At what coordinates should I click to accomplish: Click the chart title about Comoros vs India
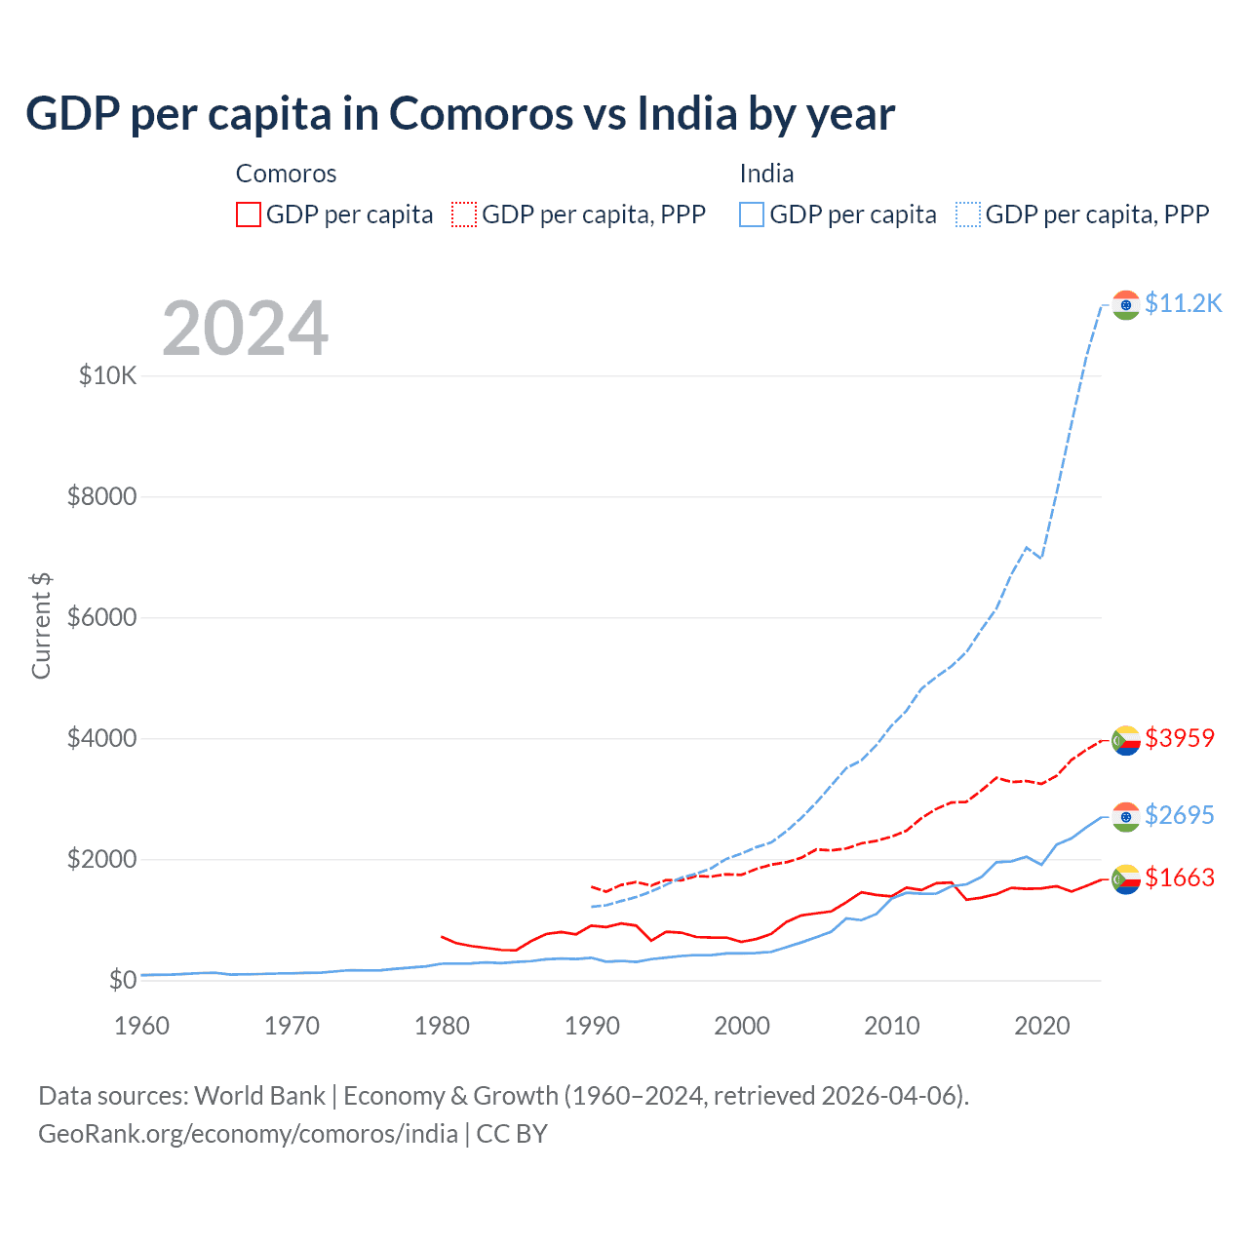[x=459, y=114]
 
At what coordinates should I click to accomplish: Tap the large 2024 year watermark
[x=245, y=329]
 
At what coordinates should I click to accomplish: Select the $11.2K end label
[x=1183, y=303]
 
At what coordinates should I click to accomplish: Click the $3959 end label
[x=1180, y=738]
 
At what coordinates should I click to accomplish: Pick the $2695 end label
[x=1180, y=815]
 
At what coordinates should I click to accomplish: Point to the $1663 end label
[x=1180, y=877]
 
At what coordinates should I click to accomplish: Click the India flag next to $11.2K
[x=1126, y=305]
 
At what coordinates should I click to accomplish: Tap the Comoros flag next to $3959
[x=1126, y=740]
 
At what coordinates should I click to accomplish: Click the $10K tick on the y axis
[x=108, y=375]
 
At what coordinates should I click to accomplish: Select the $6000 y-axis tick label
[x=102, y=617]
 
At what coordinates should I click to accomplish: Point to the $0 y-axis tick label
[x=122, y=980]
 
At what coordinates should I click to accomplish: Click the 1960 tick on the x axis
[x=141, y=1026]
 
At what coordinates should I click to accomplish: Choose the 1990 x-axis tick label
[x=592, y=1026]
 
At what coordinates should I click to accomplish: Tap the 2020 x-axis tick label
[x=1042, y=1026]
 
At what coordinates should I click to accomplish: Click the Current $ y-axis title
[x=41, y=626]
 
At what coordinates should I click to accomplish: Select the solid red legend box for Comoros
[x=249, y=214]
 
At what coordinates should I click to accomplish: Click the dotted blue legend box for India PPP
[x=968, y=214]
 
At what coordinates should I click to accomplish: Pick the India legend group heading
[x=766, y=174]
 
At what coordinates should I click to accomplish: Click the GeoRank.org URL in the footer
[x=248, y=1134]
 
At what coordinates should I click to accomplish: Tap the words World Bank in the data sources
[x=259, y=1096]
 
